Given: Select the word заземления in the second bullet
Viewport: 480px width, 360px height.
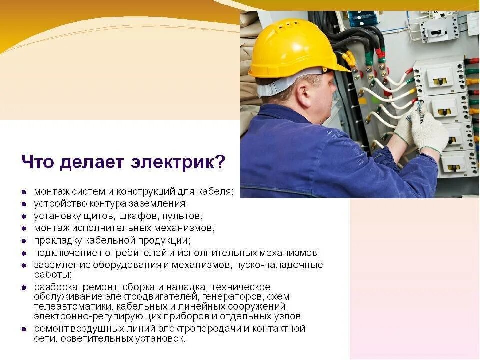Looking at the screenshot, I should click(x=161, y=204).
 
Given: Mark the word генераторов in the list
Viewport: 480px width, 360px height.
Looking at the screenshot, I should click(x=201, y=296).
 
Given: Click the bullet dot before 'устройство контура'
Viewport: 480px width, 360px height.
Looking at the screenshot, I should click(x=24, y=204).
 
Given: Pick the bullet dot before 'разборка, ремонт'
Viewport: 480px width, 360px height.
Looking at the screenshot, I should click(x=24, y=287).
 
